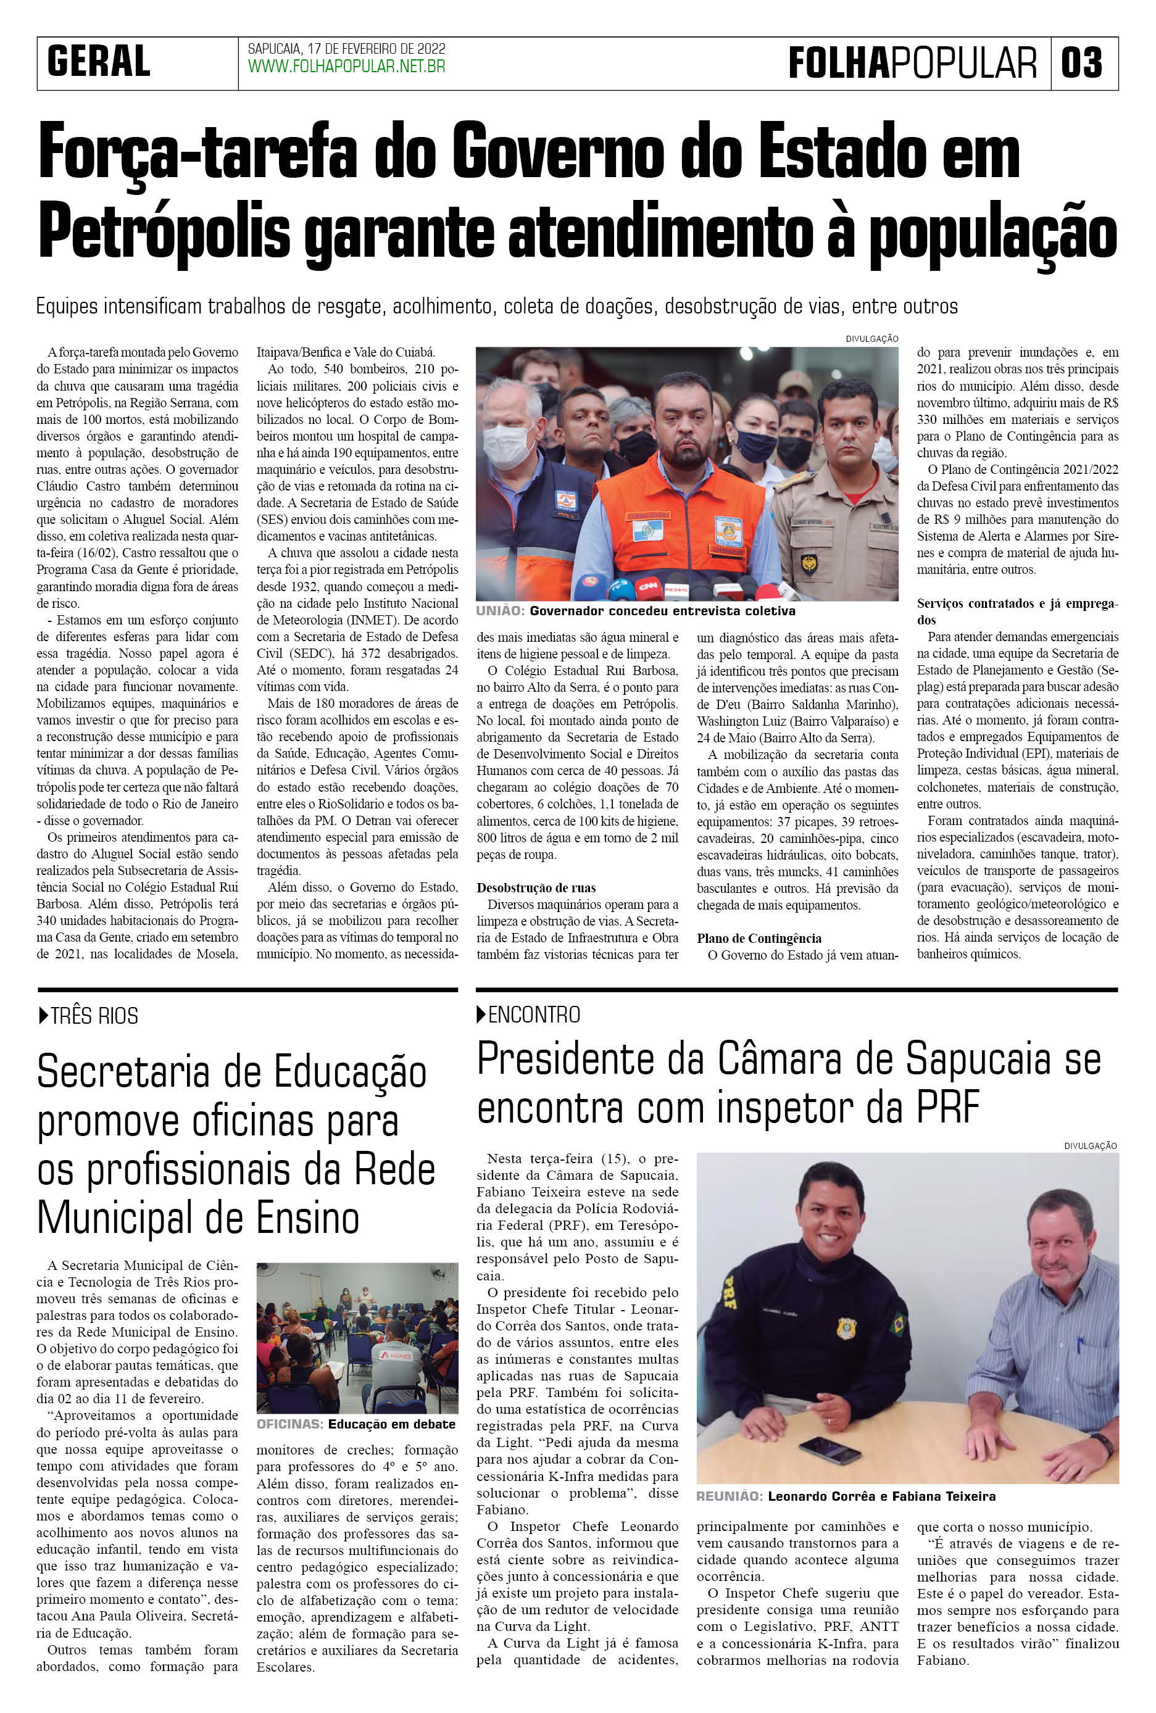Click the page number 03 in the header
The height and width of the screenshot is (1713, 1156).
pyautogui.click(x=1083, y=63)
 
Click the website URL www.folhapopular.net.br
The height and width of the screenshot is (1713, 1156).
pyautogui.click(x=346, y=67)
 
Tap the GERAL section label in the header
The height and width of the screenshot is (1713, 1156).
pyautogui.click(x=99, y=61)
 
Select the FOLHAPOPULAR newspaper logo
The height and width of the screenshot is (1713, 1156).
pyautogui.click(x=912, y=63)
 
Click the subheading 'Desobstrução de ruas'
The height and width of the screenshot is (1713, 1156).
pyautogui.click(x=536, y=888)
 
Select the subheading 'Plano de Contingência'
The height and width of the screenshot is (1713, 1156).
pyautogui.click(x=759, y=939)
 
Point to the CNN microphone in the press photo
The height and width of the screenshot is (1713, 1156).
pyautogui.click(x=647, y=587)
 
